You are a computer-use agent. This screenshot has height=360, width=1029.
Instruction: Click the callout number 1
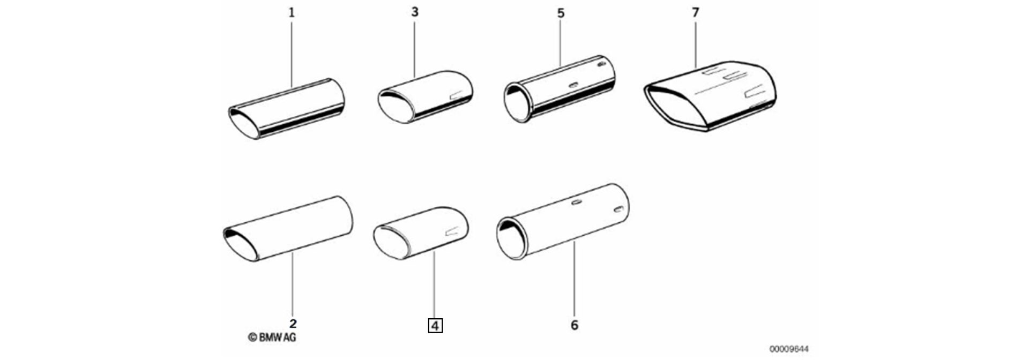[x=292, y=12]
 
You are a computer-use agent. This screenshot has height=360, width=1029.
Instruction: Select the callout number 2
[x=293, y=324]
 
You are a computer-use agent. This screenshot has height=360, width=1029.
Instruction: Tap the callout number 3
[x=415, y=12]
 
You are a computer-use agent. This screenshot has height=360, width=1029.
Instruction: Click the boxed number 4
[x=435, y=325]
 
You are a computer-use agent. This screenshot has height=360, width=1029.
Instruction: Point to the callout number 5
[x=561, y=13]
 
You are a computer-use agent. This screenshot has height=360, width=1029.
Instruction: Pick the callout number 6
[x=575, y=325]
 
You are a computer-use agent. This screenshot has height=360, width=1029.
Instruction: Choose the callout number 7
[x=696, y=12]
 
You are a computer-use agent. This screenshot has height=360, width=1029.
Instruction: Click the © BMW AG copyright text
[x=272, y=337]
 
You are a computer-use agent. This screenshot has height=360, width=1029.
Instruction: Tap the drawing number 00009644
[x=789, y=349]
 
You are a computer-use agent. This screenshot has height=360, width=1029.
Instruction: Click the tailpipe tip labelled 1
[x=286, y=109]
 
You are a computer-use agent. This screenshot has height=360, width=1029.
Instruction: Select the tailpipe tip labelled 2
[x=288, y=229]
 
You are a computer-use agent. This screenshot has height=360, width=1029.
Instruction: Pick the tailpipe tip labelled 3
[x=425, y=97]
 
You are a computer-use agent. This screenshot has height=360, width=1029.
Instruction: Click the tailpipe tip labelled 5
[x=559, y=88]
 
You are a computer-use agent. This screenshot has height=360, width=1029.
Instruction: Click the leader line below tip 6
[x=574, y=279]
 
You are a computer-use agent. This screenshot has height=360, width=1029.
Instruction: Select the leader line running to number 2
[x=293, y=284]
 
